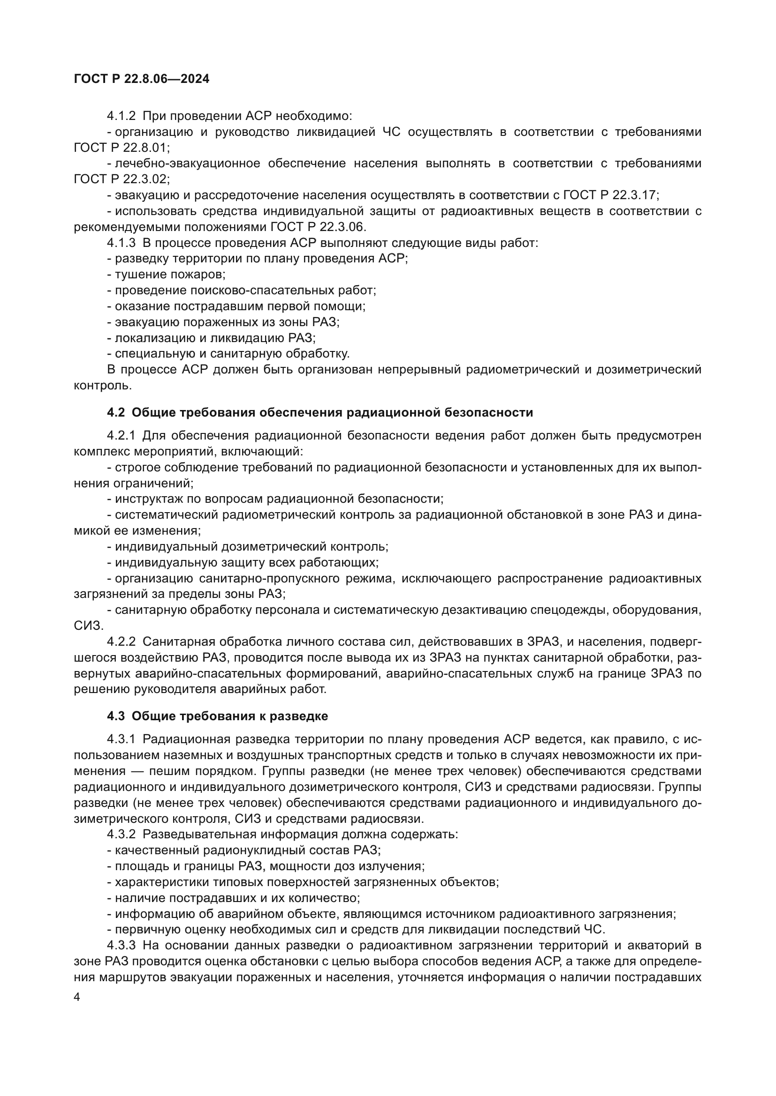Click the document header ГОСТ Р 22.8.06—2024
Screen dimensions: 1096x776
141,79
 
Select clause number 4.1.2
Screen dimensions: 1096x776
121,116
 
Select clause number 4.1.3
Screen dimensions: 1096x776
121,243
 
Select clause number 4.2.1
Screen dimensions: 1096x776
121,436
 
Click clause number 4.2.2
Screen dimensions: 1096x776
121,642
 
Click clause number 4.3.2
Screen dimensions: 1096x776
121,835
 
